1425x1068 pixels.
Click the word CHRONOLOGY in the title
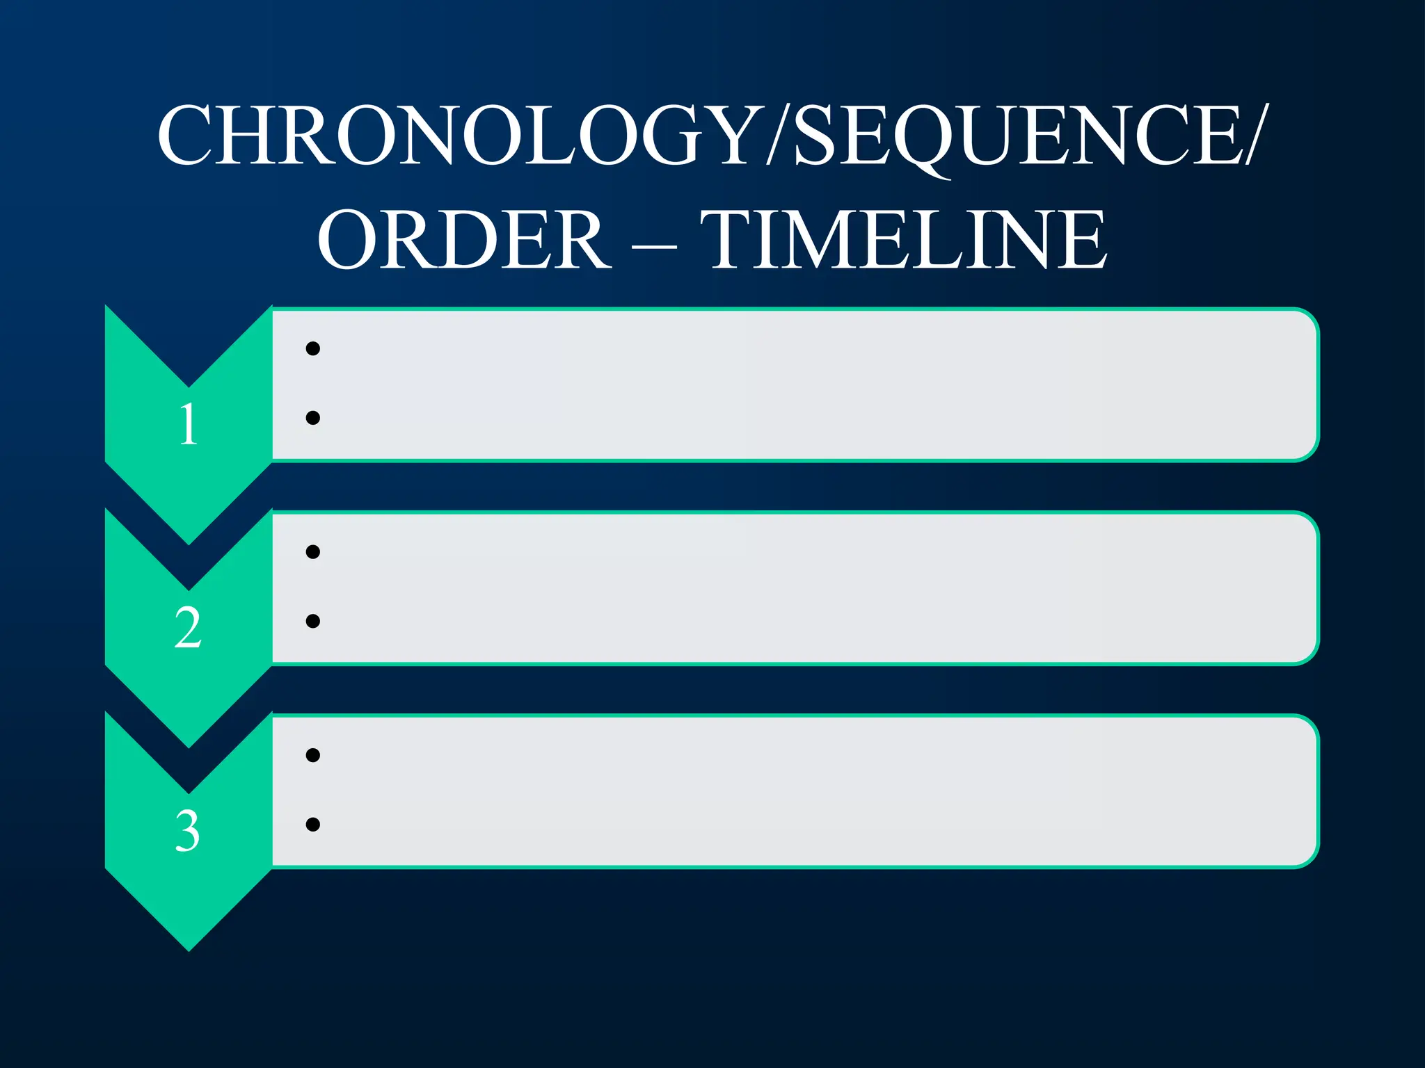pyautogui.click(x=459, y=136)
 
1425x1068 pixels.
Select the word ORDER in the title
pyautogui.click(x=464, y=240)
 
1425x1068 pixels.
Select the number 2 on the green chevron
pyautogui.click(x=188, y=628)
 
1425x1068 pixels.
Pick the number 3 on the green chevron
pyautogui.click(x=188, y=831)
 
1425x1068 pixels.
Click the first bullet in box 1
pyautogui.click(x=313, y=348)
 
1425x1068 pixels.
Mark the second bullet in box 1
pyautogui.click(x=313, y=417)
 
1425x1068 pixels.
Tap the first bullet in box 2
pyautogui.click(x=313, y=552)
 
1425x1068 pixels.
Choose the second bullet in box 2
pyautogui.click(x=313, y=621)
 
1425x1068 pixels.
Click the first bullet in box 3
pyautogui.click(x=313, y=755)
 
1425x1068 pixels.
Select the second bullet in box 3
pyautogui.click(x=313, y=824)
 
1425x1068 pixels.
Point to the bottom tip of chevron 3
pyautogui.click(x=189, y=947)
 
